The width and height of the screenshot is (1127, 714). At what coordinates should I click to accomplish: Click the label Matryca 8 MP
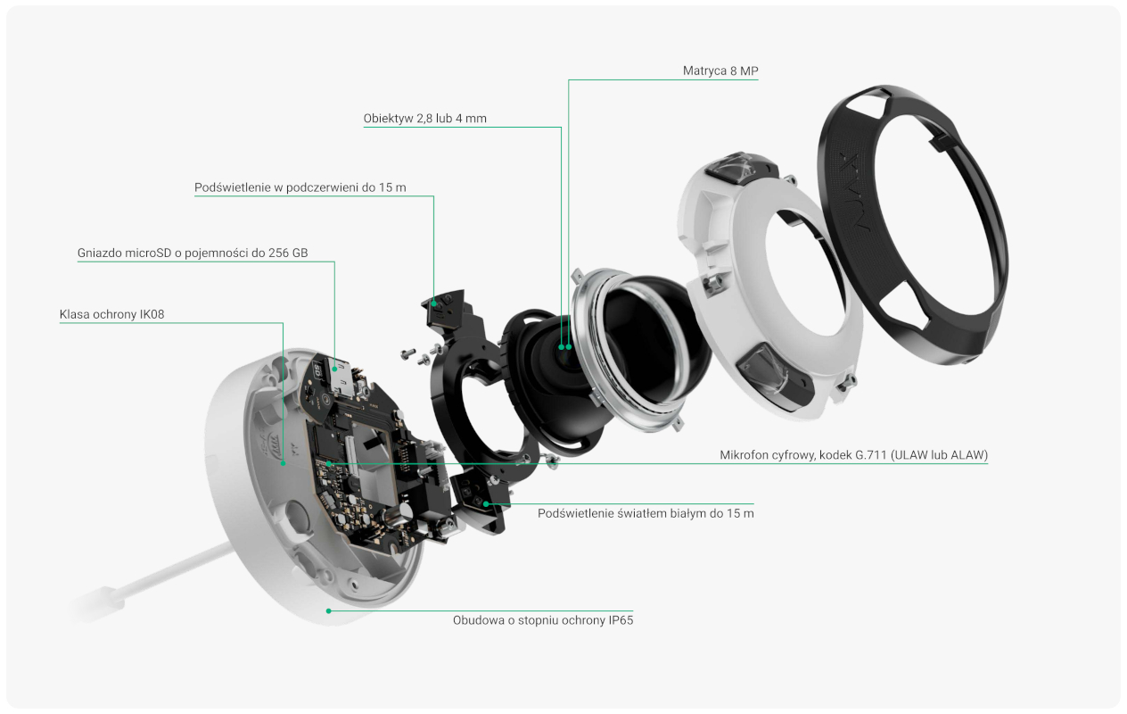coord(720,71)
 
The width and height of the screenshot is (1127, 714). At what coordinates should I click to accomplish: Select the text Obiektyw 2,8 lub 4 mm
coord(424,119)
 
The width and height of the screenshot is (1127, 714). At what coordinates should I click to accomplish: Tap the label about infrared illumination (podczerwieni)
coord(300,187)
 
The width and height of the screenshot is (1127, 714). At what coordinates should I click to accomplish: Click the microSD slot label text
coord(193,253)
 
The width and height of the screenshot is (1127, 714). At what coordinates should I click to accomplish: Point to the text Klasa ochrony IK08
coord(111,314)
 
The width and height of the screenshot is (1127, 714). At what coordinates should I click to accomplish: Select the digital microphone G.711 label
coord(854,455)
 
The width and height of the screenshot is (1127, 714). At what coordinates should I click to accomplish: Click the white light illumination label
coord(646,513)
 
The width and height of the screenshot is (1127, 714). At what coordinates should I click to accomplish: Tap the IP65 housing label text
coord(543,620)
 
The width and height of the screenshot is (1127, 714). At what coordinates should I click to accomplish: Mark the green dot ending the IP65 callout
coord(328,610)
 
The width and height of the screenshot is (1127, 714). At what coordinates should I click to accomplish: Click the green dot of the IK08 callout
coord(284,463)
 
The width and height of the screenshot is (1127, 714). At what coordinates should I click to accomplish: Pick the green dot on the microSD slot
coord(334,369)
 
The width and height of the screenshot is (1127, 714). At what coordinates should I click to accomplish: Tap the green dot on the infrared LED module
coord(433,303)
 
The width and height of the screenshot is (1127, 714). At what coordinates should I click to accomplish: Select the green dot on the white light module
coord(486,503)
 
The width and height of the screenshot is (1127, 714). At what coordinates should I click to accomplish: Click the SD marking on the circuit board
coord(317,371)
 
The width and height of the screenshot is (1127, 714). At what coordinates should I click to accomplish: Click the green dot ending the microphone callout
coord(328,464)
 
